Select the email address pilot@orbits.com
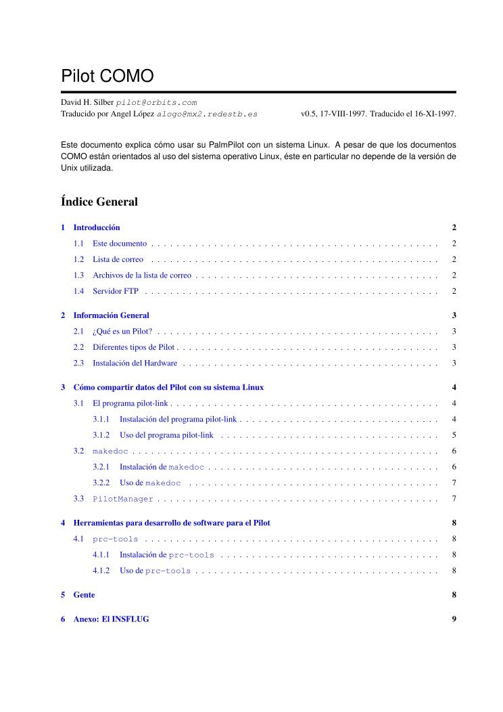(x=156, y=102)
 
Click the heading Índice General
(x=99, y=201)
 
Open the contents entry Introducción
(x=97, y=227)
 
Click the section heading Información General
(x=111, y=315)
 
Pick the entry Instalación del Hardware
(x=135, y=363)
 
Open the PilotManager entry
(x=123, y=499)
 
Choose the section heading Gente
(x=84, y=595)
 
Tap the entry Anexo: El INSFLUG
(x=111, y=619)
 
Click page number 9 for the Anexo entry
(x=454, y=619)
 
